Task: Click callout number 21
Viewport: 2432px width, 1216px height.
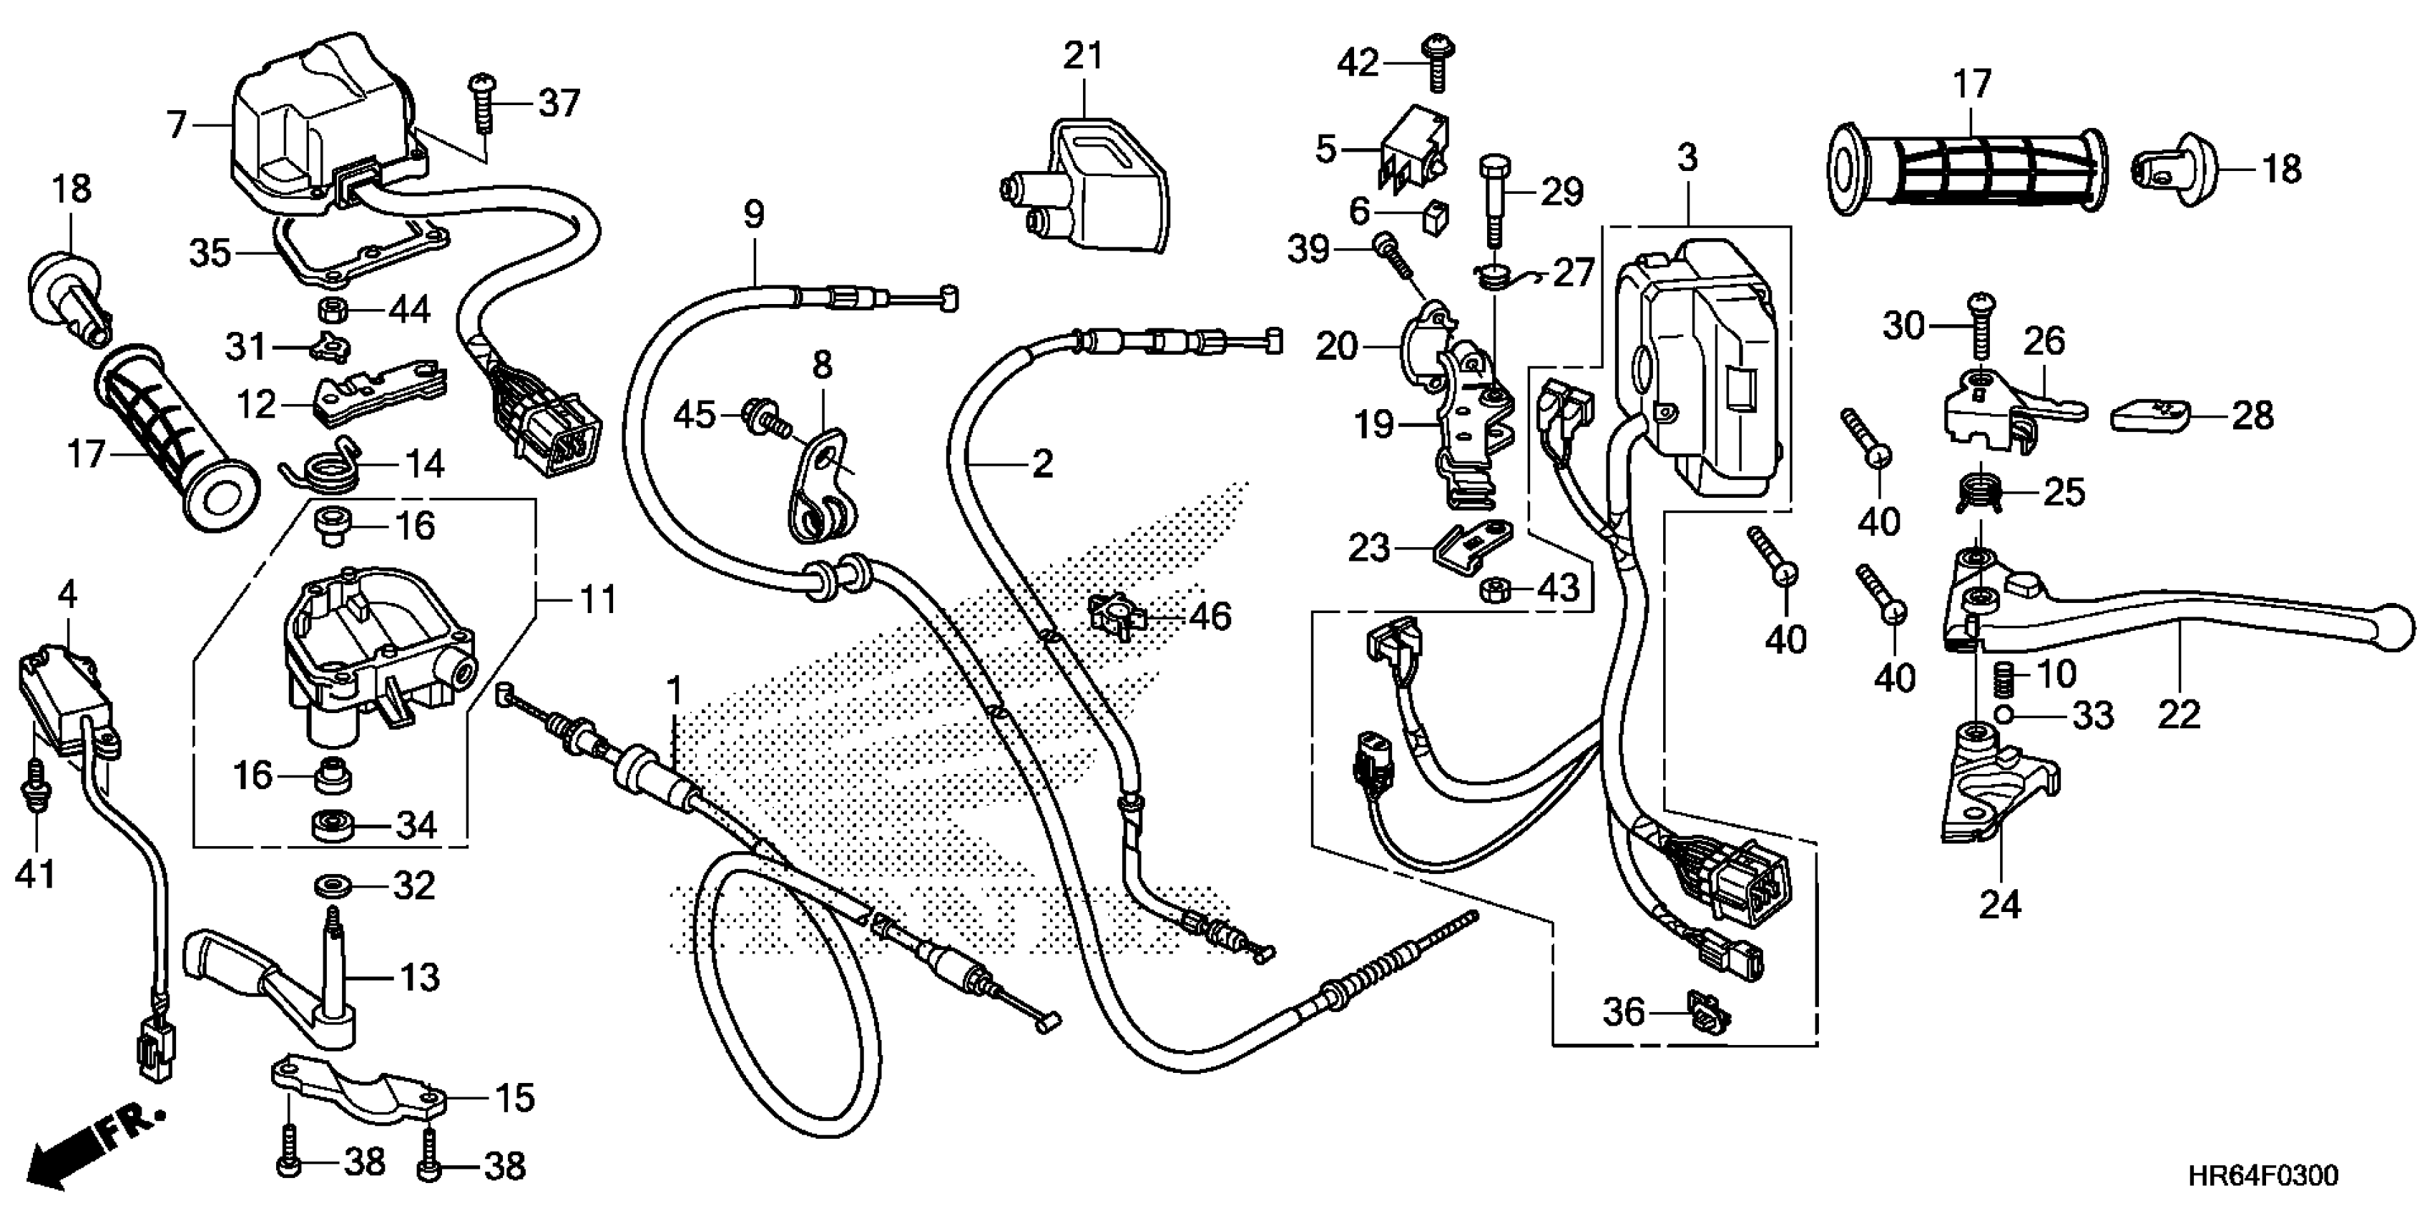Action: coord(1083,57)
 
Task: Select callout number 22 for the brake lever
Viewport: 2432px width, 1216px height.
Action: coord(2177,715)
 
